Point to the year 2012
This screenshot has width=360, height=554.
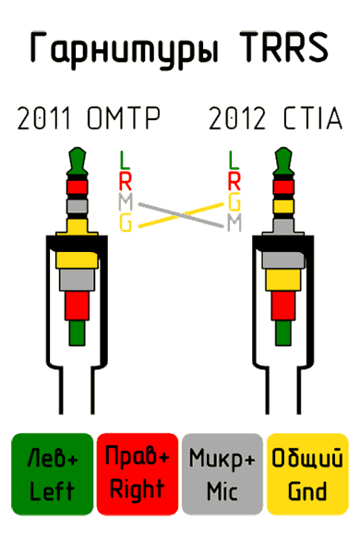click(237, 119)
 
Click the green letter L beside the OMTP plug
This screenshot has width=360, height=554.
click(125, 160)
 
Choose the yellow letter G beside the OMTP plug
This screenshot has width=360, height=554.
click(125, 222)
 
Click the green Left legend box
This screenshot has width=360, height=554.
click(52, 473)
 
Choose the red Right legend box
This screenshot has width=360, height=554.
click(137, 473)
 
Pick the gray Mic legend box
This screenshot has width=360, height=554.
click(222, 473)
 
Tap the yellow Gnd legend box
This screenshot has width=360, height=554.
click(307, 473)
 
